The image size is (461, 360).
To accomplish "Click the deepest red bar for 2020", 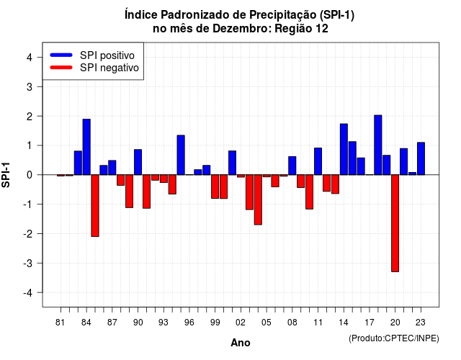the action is (395, 223).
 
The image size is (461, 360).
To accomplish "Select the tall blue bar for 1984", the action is (86, 147).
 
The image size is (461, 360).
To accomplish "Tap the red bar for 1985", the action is (95, 205).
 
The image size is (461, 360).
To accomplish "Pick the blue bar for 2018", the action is (377, 145).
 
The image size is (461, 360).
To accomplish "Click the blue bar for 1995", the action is (181, 155).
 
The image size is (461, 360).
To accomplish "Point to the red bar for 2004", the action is (258, 199).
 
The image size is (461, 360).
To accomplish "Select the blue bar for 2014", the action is (344, 149).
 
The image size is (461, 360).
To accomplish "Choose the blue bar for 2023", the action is (421, 158).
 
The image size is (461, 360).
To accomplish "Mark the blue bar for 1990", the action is (138, 162).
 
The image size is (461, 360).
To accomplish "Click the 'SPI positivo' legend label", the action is (107, 55).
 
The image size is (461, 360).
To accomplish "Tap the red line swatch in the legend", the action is (61, 67).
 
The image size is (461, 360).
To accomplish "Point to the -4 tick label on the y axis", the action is (29, 292).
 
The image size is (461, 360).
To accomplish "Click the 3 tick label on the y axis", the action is (30, 86).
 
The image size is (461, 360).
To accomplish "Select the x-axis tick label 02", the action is (241, 323).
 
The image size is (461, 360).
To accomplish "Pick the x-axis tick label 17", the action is (370, 323).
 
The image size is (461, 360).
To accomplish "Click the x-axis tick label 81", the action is (61, 323).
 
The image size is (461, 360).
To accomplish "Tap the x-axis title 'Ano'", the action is (241, 343).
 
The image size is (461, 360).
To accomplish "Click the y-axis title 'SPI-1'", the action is (6, 175).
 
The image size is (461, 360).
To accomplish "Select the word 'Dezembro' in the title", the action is (241, 29).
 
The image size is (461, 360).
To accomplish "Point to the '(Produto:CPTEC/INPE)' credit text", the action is (394, 338).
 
